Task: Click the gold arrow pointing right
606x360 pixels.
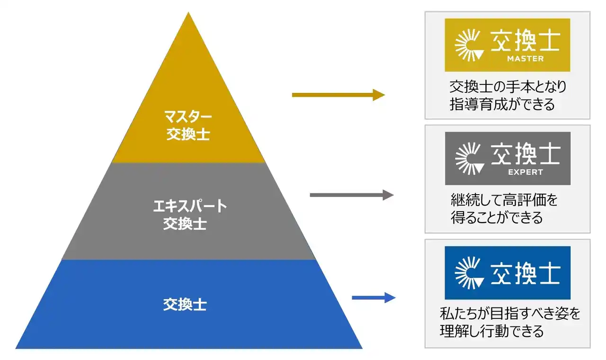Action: (338, 95)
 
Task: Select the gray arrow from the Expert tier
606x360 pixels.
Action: (351, 195)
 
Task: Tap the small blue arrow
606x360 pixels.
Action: (374, 297)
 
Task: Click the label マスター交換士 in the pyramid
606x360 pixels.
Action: (188, 125)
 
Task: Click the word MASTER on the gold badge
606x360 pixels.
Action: (525, 59)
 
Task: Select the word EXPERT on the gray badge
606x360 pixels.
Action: (525, 172)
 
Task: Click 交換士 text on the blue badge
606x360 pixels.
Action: (526, 273)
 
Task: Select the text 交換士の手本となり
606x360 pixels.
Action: (508, 88)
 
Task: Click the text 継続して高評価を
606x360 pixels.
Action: (504, 201)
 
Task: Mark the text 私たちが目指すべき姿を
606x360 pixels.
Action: (510, 314)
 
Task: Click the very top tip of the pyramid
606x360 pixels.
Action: (189, 14)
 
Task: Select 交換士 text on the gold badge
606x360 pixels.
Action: (526, 41)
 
